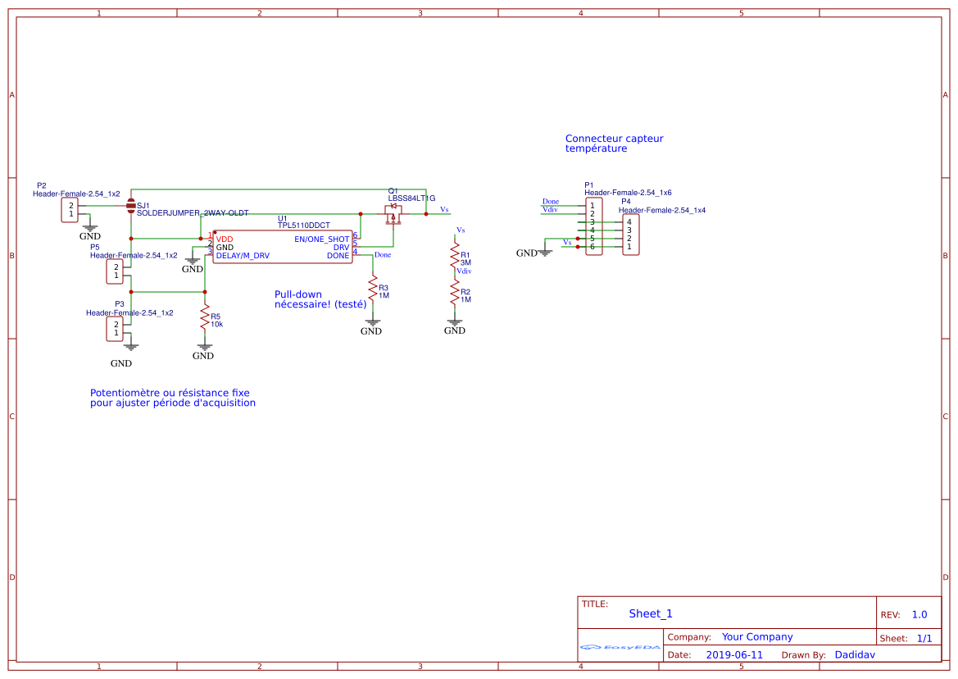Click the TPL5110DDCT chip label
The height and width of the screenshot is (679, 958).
pos(303,225)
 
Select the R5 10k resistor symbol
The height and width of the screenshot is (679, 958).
pos(205,320)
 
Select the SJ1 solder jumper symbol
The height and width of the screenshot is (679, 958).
pos(131,205)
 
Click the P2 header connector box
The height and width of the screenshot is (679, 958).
pos(71,210)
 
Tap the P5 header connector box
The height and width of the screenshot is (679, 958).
pos(116,271)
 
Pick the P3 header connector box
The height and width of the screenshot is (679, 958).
pos(116,329)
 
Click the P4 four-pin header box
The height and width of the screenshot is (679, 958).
pos(630,235)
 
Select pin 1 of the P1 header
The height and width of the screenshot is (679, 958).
pos(593,205)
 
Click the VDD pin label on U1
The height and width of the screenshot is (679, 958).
pos(224,239)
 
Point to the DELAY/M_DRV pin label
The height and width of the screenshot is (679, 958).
pos(243,256)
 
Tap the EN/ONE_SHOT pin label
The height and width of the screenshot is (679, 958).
pos(322,239)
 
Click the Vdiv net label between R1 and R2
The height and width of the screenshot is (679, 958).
pos(464,271)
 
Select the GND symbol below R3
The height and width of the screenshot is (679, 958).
pos(372,326)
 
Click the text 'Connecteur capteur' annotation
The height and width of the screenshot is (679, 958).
pos(614,139)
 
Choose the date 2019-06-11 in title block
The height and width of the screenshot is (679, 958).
pos(734,655)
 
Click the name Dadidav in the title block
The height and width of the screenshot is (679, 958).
pos(855,655)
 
